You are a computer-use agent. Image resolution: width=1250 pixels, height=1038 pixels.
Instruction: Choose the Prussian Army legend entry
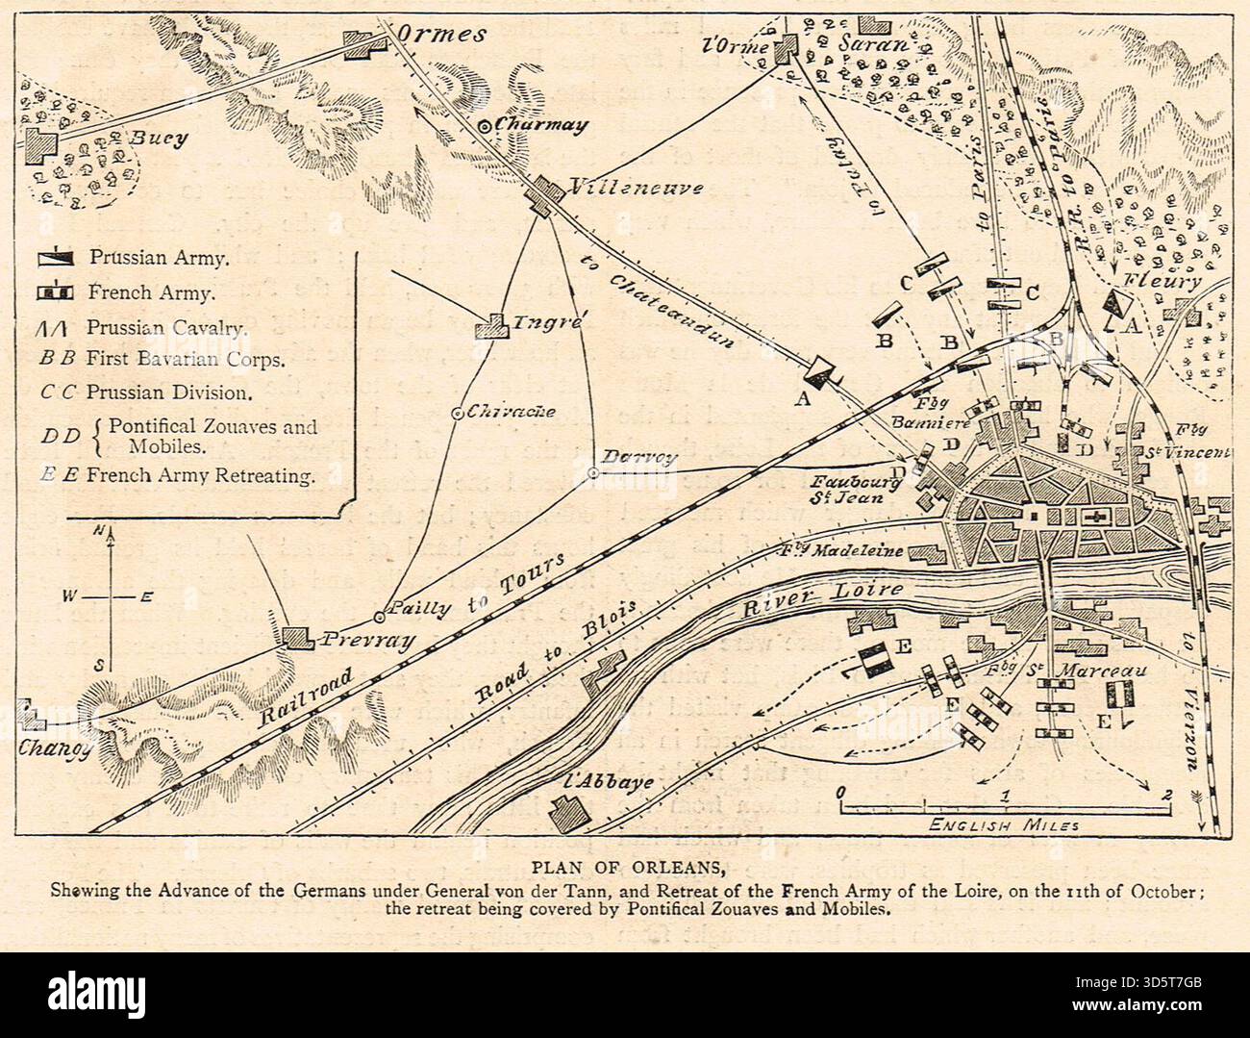click(x=159, y=258)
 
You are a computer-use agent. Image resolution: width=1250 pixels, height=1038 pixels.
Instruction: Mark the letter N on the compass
click(x=100, y=531)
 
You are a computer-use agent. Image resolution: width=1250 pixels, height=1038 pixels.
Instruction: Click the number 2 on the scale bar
click(x=1167, y=795)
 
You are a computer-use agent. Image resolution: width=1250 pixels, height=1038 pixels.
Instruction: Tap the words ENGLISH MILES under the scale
click(x=1004, y=825)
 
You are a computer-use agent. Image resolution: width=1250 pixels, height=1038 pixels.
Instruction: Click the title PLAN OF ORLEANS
click(x=624, y=863)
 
